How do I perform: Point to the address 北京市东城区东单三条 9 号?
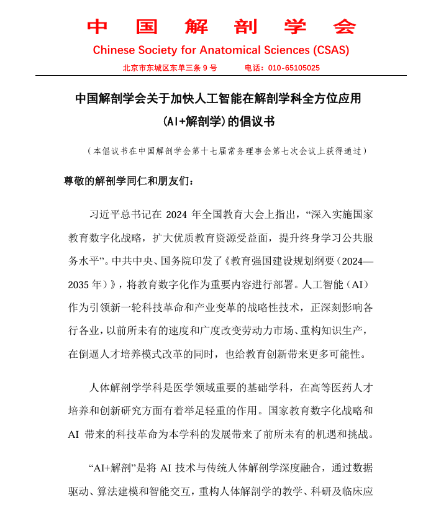pyautogui.click(x=170, y=68)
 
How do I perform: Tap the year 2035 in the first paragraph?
pyautogui.click(x=80, y=284)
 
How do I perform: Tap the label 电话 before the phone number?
pyautogui.click(x=253, y=68)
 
